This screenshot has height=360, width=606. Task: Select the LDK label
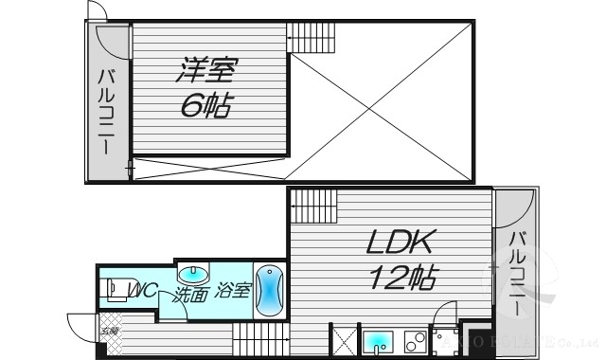pos(401,243)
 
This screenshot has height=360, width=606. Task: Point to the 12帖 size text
pos(402,279)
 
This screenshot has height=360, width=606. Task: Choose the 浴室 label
pos(233,291)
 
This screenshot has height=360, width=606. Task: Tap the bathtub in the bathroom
pos(269,289)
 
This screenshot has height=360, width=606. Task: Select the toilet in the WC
pos(115,290)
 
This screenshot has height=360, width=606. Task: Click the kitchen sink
pos(378,341)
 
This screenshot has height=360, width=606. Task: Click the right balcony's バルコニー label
pos(515,274)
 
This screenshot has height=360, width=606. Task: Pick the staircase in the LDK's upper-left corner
pos(313,204)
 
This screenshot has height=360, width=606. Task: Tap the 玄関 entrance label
pos(110,332)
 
